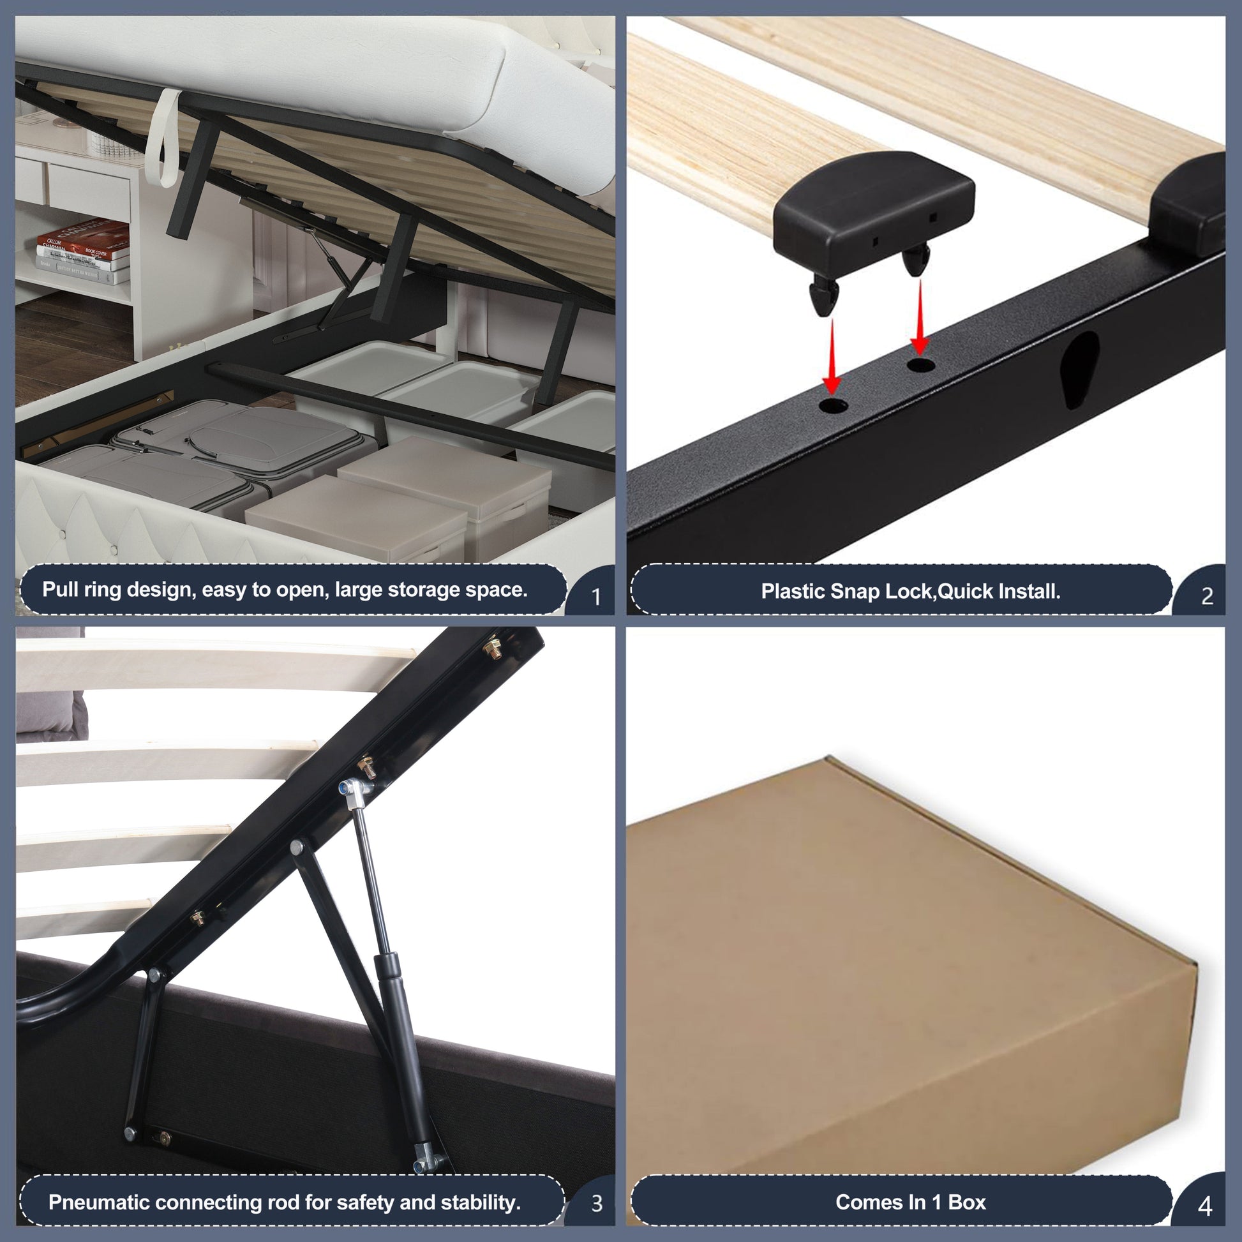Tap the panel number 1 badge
(595, 597)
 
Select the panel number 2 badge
(1207, 597)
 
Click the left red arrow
(832, 357)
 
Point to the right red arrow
(920, 318)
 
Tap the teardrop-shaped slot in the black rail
(1079, 368)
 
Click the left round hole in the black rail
(833, 406)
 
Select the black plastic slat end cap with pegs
(873, 215)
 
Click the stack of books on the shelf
(84, 253)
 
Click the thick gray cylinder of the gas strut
(403, 1042)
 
